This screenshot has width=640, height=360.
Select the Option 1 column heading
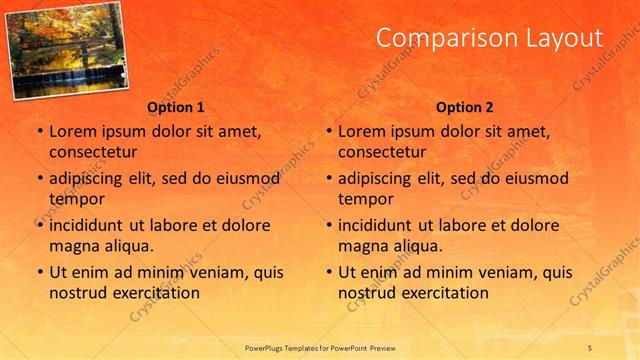point(175,107)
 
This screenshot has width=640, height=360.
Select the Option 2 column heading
point(464,107)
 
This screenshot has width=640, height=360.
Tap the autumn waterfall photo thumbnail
point(67,51)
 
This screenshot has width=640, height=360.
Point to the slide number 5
point(590,346)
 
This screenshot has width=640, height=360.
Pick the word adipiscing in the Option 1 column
point(89,178)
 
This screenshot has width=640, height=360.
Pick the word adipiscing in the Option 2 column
point(378,178)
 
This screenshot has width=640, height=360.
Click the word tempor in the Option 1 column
point(73,198)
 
